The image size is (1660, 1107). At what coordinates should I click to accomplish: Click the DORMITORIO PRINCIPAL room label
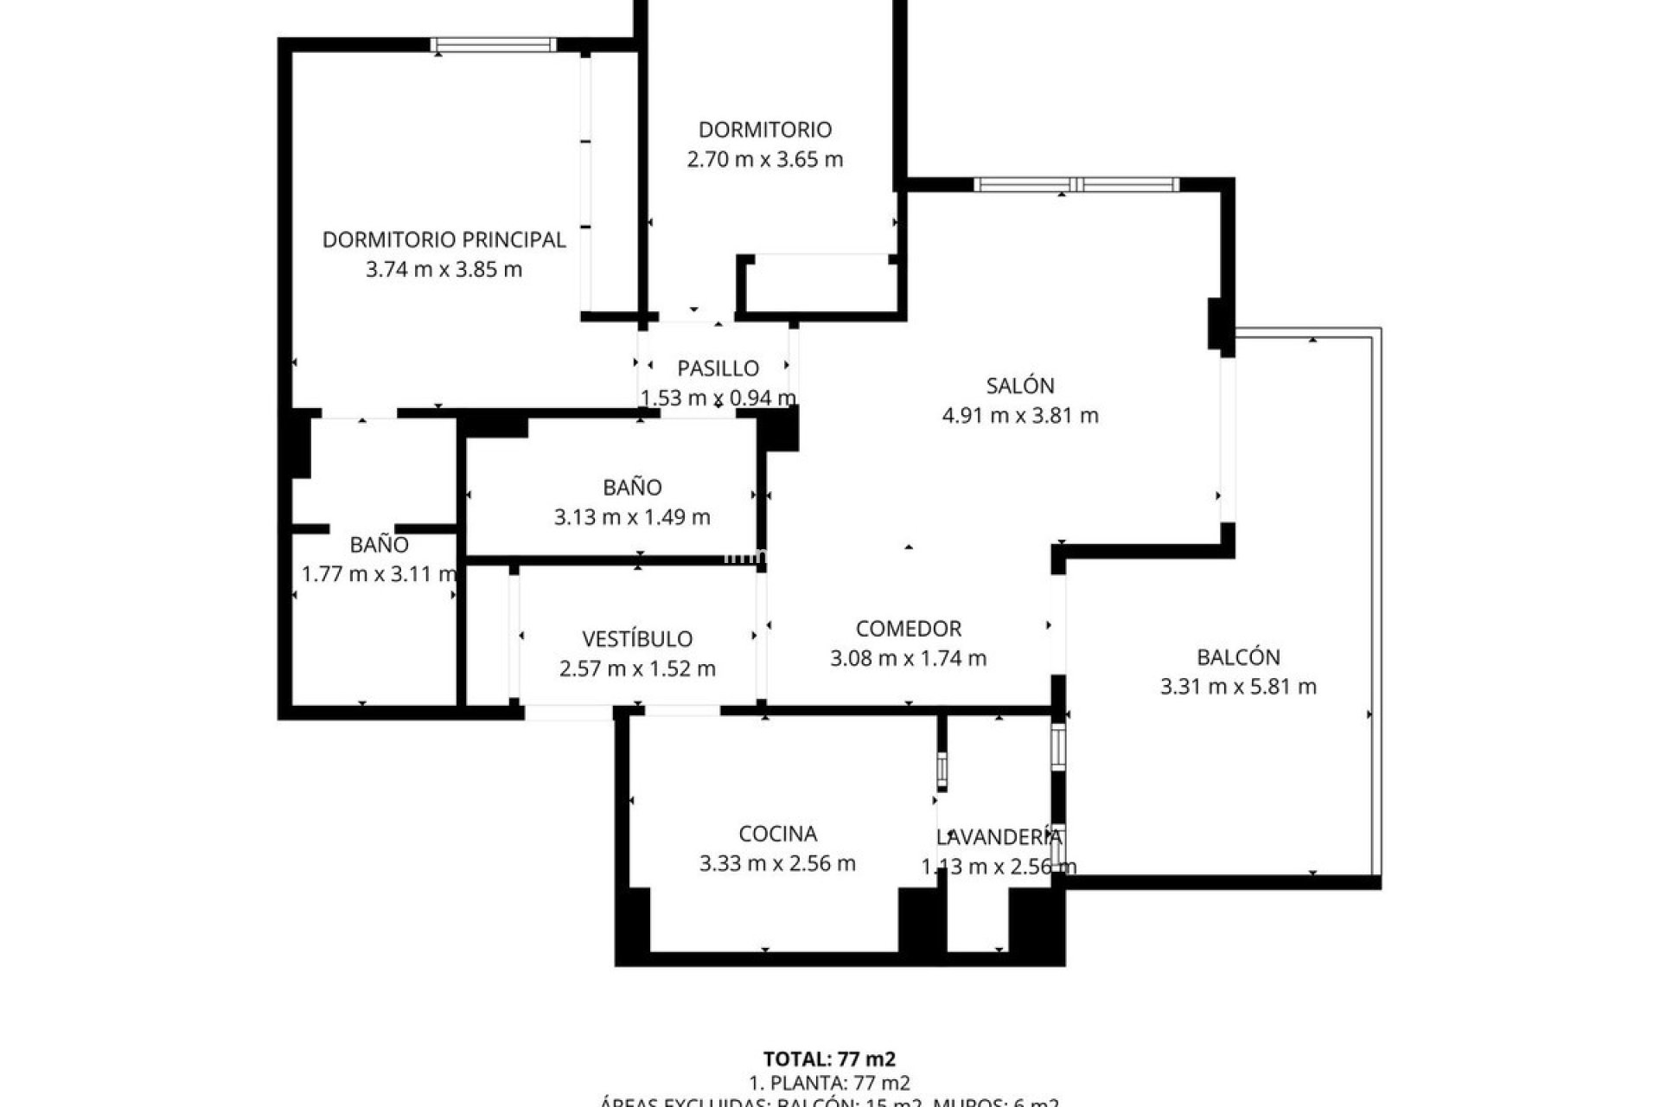[x=444, y=240]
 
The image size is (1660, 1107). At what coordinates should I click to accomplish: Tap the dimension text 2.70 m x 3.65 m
[x=764, y=159]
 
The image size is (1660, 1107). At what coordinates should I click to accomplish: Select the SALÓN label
[x=1019, y=386]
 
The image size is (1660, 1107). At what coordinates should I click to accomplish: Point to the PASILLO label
[x=718, y=368]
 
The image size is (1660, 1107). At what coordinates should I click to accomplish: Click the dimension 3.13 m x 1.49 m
[x=632, y=517]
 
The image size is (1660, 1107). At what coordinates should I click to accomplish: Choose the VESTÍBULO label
[x=637, y=639]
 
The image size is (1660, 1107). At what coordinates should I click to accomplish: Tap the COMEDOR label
[x=908, y=629]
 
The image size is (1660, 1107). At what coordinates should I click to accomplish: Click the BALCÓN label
[x=1238, y=657]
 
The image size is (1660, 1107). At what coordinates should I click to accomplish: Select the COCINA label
[x=777, y=834]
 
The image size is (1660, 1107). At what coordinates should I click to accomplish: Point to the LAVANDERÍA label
[x=999, y=837]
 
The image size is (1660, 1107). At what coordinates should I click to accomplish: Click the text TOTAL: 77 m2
[x=829, y=1059]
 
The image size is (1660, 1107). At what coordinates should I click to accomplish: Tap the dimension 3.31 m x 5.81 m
[x=1238, y=687]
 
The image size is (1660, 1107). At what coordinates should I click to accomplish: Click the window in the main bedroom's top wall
[x=494, y=45]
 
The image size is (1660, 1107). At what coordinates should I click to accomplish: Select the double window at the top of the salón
[x=1076, y=184]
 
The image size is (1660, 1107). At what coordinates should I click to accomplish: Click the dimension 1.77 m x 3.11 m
[x=379, y=574]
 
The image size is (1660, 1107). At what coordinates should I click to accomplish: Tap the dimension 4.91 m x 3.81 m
[x=1019, y=416]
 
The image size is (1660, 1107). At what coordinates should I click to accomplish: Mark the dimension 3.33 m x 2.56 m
[x=777, y=863]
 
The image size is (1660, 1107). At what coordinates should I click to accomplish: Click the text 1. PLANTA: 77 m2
[x=829, y=1083]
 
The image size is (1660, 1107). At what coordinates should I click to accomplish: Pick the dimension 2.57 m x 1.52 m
[x=637, y=669]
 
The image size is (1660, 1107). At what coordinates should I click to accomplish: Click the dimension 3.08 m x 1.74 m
[x=908, y=658]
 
